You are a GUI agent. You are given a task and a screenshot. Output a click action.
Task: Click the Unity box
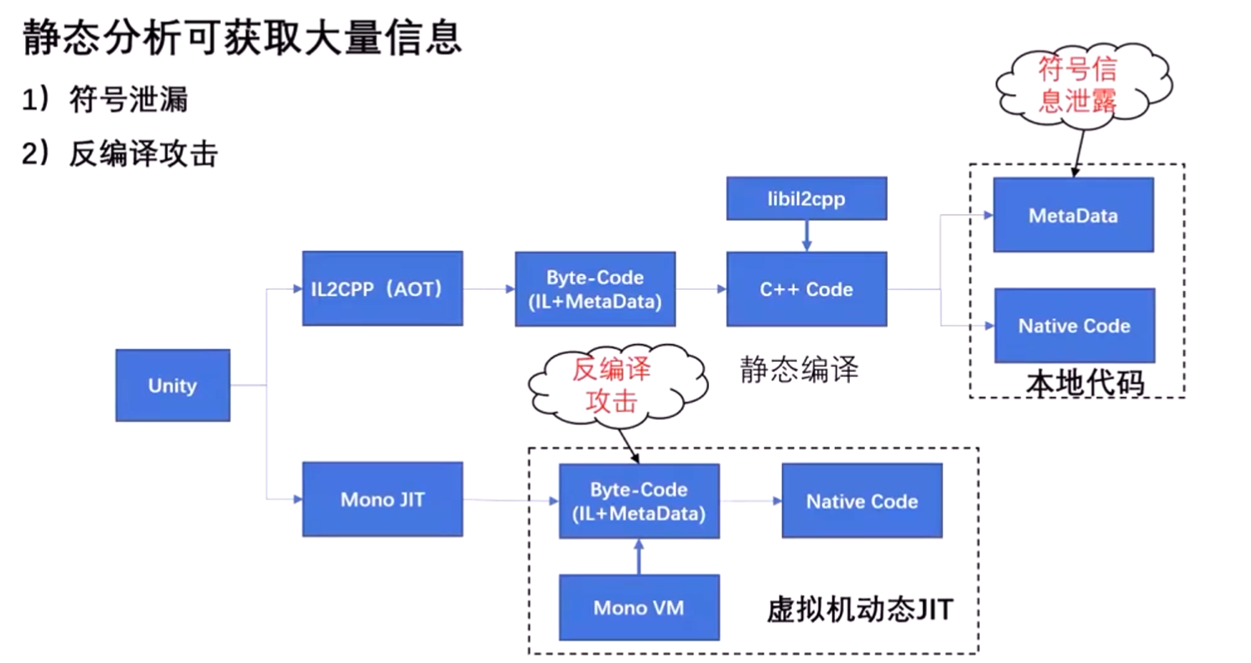tap(172, 385)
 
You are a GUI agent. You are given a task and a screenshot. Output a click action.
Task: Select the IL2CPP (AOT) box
tap(382, 289)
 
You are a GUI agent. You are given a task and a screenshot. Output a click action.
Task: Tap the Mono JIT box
tap(382, 499)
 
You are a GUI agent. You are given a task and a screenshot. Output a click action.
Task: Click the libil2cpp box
tap(806, 199)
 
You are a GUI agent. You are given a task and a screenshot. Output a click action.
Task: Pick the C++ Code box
tap(806, 289)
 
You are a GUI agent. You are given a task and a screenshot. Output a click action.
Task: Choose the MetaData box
tap(1072, 215)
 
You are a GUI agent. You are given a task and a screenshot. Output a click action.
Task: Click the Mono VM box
tap(639, 608)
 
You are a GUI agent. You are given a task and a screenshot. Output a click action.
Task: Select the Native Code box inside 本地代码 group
tap(1074, 326)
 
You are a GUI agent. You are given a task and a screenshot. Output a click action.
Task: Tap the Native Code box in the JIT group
tap(862, 501)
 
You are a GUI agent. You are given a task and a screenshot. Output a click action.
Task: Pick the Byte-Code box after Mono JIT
tap(639, 501)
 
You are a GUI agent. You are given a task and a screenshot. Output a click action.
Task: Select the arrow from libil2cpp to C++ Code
tap(806, 236)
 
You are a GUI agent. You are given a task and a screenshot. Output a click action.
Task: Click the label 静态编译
tap(799, 369)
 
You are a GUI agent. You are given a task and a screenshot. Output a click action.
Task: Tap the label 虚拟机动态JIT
tap(860, 609)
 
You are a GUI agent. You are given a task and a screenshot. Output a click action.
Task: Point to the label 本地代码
tap(1084, 382)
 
